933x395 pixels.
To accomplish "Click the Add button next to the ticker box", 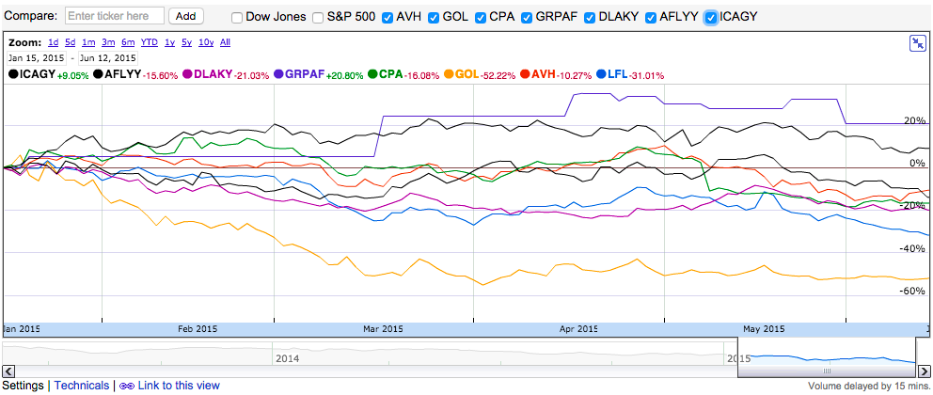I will coord(186,16).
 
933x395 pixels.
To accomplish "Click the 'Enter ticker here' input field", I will coord(115,16).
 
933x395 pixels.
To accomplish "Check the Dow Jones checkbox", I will coord(237,17).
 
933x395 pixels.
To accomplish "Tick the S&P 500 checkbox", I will coord(318,17).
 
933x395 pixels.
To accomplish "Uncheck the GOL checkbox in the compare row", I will coord(434,17).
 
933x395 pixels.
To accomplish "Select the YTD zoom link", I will coord(149,42).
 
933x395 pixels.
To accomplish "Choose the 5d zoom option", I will coord(70,42).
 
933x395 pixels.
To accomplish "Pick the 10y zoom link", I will coord(205,42).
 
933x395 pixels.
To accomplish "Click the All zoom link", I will coord(225,42).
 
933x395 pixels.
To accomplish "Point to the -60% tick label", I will coord(912,292).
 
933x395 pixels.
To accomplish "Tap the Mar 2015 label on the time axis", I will coord(383,329).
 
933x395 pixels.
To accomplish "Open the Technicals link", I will coord(81,386).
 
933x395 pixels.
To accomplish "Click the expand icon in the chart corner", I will coord(918,43).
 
